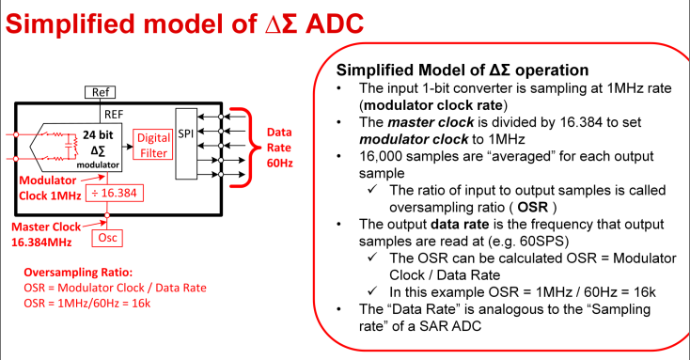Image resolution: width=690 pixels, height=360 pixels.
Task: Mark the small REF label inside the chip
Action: [x=113, y=113]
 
